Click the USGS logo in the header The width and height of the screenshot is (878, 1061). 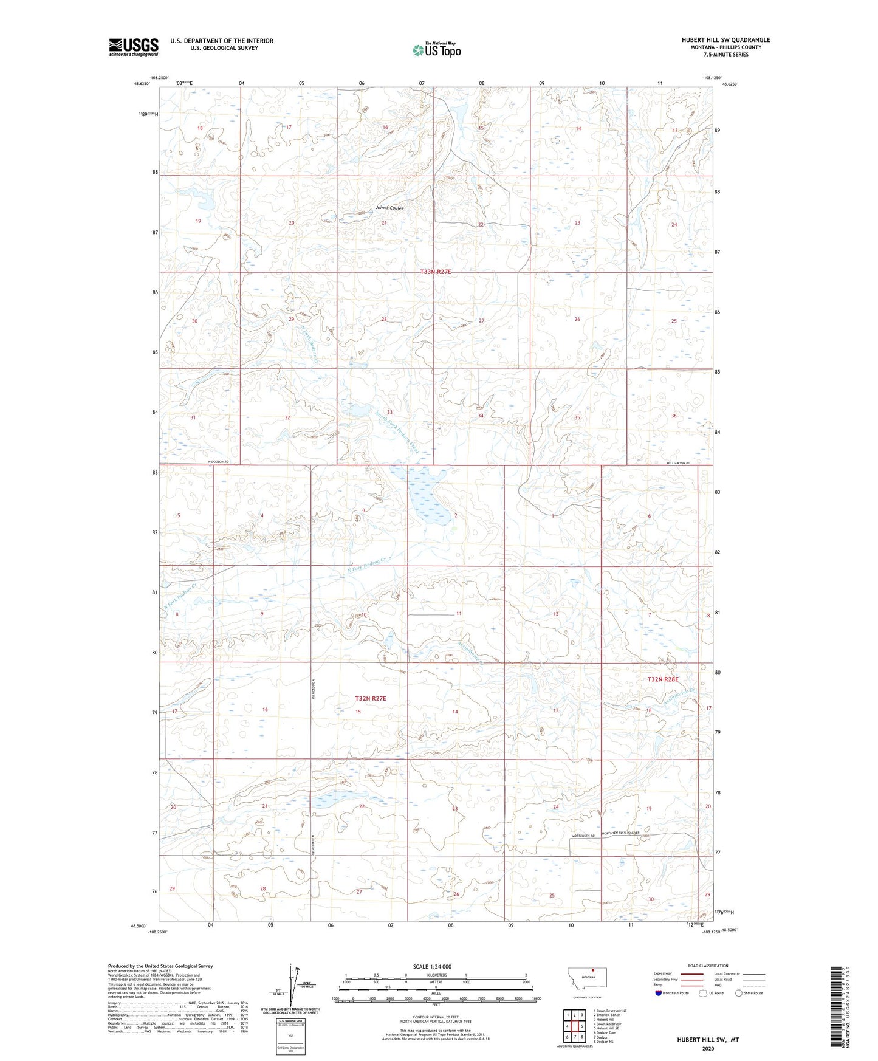(x=134, y=47)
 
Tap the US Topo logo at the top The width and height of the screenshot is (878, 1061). (x=436, y=50)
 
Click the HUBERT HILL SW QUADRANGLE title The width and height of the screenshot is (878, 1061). (x=725, y=40)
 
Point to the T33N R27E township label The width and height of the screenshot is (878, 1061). (x=436, y=272)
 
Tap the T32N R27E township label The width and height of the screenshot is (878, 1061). (x=371, y=699)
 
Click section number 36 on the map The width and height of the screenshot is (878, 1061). (x=674, y=416)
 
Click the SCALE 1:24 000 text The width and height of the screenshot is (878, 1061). (x=432, y=967)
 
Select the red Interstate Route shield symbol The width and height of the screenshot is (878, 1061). (x=659, y=993)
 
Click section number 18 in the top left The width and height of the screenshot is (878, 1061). (x=199, y=128)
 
